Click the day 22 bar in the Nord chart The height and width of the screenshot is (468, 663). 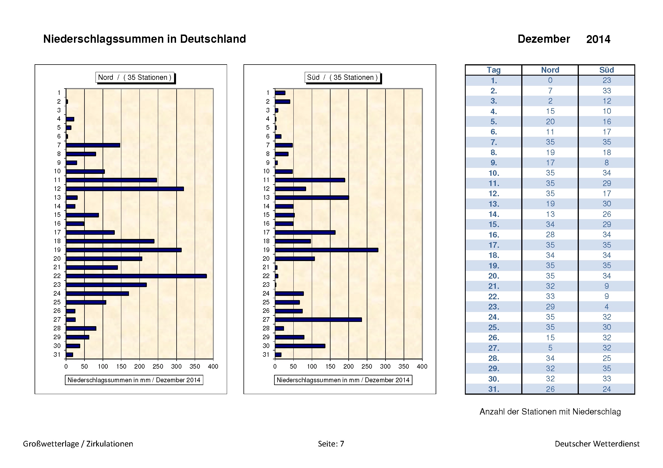pos(136,276)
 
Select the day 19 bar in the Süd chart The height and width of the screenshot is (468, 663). pos(326,250)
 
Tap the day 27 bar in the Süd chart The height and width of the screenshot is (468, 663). pos(318,319)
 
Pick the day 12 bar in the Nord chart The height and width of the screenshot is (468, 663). pos(125,189)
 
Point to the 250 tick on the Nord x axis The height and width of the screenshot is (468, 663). pos(158,366)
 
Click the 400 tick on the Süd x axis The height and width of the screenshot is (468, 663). pos(422,366)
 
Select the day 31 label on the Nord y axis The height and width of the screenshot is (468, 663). pos(57,354)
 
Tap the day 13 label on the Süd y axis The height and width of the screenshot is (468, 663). pos(266,198)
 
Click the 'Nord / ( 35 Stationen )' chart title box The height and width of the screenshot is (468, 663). pos(135,77)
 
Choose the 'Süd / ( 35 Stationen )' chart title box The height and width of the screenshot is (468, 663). pos(342,77)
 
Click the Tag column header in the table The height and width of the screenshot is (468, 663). pos(493,70)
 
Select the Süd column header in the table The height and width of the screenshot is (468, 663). pos(606,70)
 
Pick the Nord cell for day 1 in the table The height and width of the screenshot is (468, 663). pos(550,80)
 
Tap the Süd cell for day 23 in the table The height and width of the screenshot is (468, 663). pos(606,307)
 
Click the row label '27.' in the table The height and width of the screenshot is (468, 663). pos(493,348)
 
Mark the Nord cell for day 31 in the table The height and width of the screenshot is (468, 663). pos(550,389)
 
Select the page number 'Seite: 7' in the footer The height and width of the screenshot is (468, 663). pos(331,443)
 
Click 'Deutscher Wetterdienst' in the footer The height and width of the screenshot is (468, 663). pos(597,443)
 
